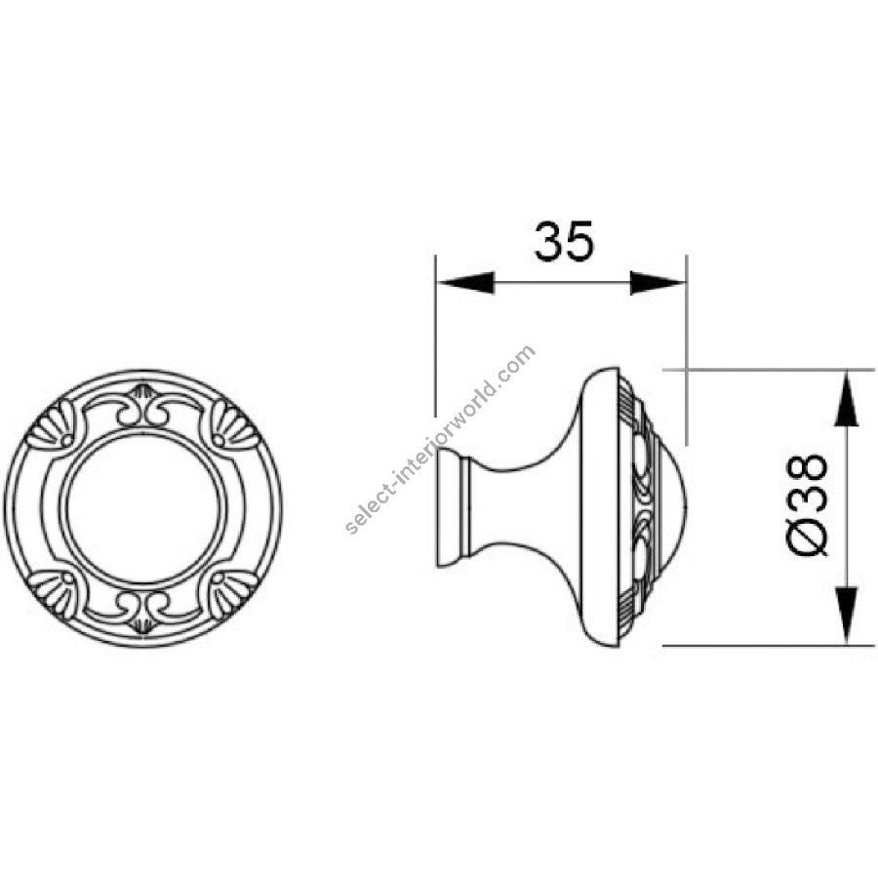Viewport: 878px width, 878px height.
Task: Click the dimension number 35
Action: point(563,241)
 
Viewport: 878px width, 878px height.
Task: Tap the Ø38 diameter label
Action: point(808,504)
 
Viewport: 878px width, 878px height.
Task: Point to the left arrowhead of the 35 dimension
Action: point(464,283)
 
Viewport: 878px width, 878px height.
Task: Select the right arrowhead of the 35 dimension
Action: point(658,283)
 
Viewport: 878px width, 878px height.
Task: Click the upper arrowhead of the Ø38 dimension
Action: point(846,399)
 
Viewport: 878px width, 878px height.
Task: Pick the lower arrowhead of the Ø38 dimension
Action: point(846,616)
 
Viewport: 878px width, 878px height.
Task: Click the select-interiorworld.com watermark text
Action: point(441,440)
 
